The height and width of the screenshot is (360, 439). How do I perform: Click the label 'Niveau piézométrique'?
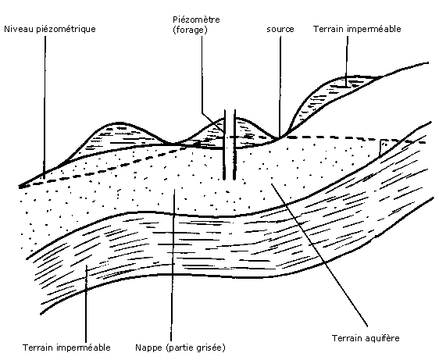point(50,29)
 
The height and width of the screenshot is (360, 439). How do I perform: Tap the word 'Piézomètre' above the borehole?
point(196,20)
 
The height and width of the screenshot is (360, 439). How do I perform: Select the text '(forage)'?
point(190,30)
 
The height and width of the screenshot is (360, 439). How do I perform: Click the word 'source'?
point(280,29)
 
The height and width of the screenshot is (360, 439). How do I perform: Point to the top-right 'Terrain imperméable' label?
point(357,29)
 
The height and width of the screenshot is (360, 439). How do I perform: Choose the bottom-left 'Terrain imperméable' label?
point(66,348)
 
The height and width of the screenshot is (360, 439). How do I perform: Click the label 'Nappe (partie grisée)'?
point(180,348)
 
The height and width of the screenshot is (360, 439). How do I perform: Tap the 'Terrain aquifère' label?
point(366,338)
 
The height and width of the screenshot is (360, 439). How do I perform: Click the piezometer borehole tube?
point(230,144)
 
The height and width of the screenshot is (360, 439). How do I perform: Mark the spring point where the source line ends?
point(279,137)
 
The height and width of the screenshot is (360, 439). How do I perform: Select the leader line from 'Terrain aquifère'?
point(319,255)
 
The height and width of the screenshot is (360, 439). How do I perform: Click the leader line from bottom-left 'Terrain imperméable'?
point(86,304)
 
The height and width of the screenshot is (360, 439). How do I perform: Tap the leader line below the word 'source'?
point(280,86)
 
